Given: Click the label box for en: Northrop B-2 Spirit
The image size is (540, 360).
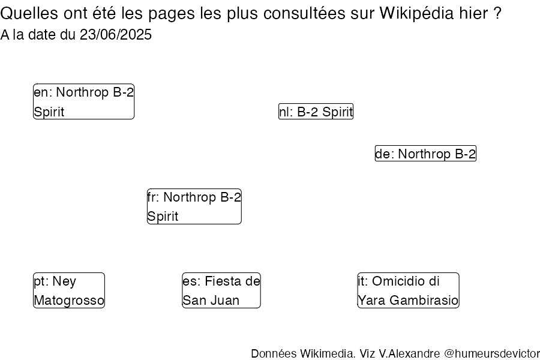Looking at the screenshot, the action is tap(83, 101).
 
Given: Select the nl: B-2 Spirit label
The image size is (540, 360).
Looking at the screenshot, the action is tap(316, 112).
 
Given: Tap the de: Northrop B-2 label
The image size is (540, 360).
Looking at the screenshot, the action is tap(425, 154).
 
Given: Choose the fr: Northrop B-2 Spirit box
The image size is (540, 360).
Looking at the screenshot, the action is tap(194, 206).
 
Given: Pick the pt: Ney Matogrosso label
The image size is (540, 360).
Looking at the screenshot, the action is tap(69, 290).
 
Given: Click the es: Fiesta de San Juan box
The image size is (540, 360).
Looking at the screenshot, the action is tap(221, 290).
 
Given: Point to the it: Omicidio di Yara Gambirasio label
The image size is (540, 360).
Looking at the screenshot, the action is tap(408, 290).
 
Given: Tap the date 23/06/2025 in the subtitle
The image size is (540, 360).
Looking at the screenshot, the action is tap(115, 35).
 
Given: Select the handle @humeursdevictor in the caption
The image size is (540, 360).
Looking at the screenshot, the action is tap(492, 353).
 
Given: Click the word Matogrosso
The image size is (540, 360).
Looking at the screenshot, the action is tap(69, 301).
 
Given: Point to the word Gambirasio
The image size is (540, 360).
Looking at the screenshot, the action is tap(424, 301).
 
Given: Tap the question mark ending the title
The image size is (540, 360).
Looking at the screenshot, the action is tap(497, 14).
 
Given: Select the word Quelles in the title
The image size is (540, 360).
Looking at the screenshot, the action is tap(29, 14).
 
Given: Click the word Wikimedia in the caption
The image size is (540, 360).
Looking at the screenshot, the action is tap(327, 353).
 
